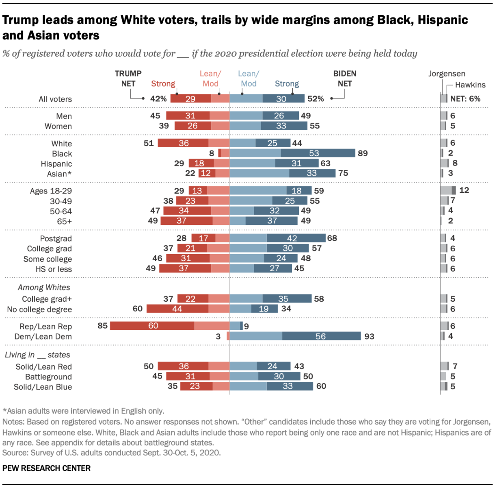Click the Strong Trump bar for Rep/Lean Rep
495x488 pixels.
tap(152, 326)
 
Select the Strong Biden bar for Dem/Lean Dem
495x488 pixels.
tap(321, 336)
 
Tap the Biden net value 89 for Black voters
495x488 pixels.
tap(363, 153)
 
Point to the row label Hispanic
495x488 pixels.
tap(56, 164)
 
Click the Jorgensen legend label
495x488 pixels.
tap(447, 74)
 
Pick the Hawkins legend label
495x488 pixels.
tap(470, 85)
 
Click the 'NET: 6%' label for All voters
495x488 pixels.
tap(465, 99)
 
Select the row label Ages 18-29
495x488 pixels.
tap(51, 191)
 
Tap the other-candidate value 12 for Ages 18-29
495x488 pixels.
tap(464, 190)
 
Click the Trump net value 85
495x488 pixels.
tap(103, 326)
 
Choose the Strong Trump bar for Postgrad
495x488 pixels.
tap(203, 238)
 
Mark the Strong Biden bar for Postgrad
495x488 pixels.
tap(296, 238)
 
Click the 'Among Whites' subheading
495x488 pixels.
tap(44, 288)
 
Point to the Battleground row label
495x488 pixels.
tap(48, 377)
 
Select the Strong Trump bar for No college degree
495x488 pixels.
tap(177, 309)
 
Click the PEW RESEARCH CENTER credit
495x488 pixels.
tap(46, 468)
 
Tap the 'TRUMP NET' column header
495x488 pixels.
tap(128, 78)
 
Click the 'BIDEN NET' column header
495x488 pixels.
tap(345, 78)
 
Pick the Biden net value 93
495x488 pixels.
tap(369, 336)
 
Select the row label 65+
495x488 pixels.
tap(64, 222)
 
